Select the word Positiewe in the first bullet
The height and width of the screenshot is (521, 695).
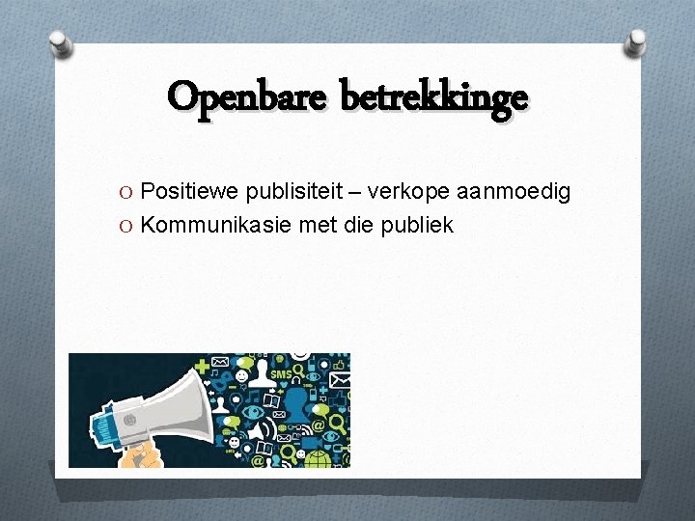(182, 192)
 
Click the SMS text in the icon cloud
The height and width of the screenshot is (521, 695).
(281, 374)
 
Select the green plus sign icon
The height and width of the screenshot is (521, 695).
(202, 367)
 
